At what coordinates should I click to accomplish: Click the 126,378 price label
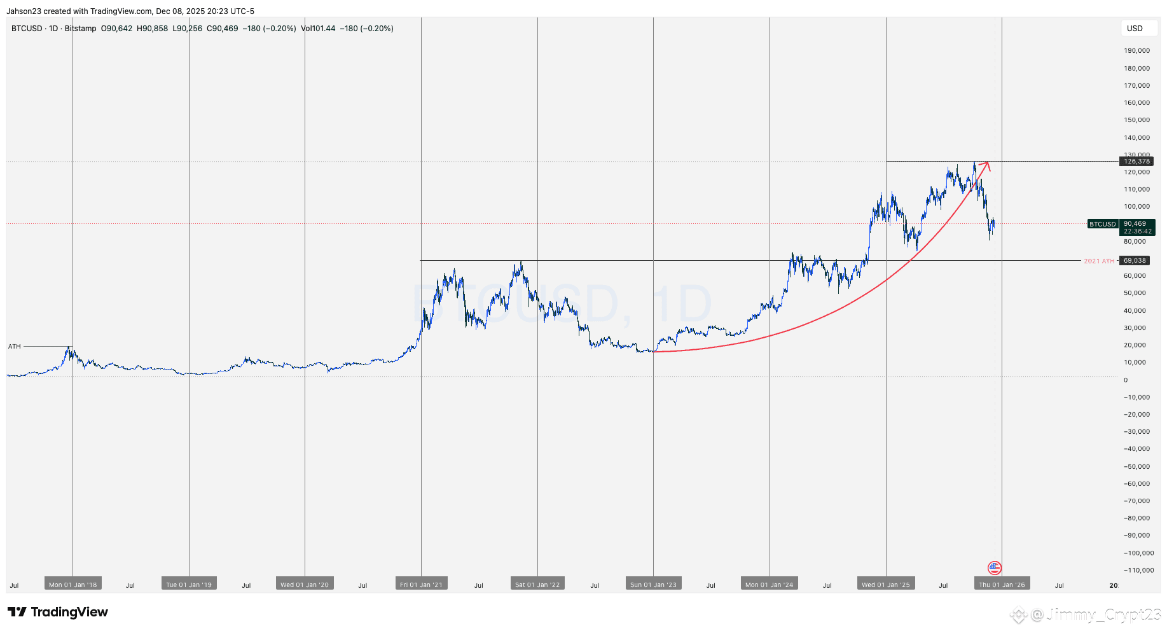click(x=1136, y=162)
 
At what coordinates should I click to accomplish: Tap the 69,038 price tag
click(x=1135, y=261)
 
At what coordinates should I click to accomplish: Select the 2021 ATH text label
click(x=1099, y=261)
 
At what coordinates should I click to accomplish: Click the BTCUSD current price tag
click(x=1103, y=224)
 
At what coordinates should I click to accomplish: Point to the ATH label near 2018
click(x=15, y=347)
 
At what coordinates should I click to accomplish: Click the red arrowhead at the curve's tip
click(x=986, y=165)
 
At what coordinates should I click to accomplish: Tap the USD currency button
click(x=1135, y=29)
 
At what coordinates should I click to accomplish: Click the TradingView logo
click(x=58, y=612)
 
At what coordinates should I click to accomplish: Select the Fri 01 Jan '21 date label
click(x=421, y=585)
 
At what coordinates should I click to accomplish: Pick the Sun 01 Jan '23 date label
click(x=653, y=585)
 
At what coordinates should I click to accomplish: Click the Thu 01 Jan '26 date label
click(x=1002, y=585)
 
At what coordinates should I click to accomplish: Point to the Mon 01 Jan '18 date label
click(x=73, y=585)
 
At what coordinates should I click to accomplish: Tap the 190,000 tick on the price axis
click(x=1136, y=51)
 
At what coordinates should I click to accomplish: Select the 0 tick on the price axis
click(x=1126, y=380)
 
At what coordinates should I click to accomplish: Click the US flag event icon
click(x=995, y=567)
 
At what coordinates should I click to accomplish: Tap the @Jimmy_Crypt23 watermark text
click(x=1096, y=614)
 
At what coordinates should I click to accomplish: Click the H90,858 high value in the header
click(x=153, y=29)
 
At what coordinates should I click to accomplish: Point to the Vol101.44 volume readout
click(x=318, y=29)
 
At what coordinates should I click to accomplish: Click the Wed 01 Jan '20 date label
click(x=305, y=585)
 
